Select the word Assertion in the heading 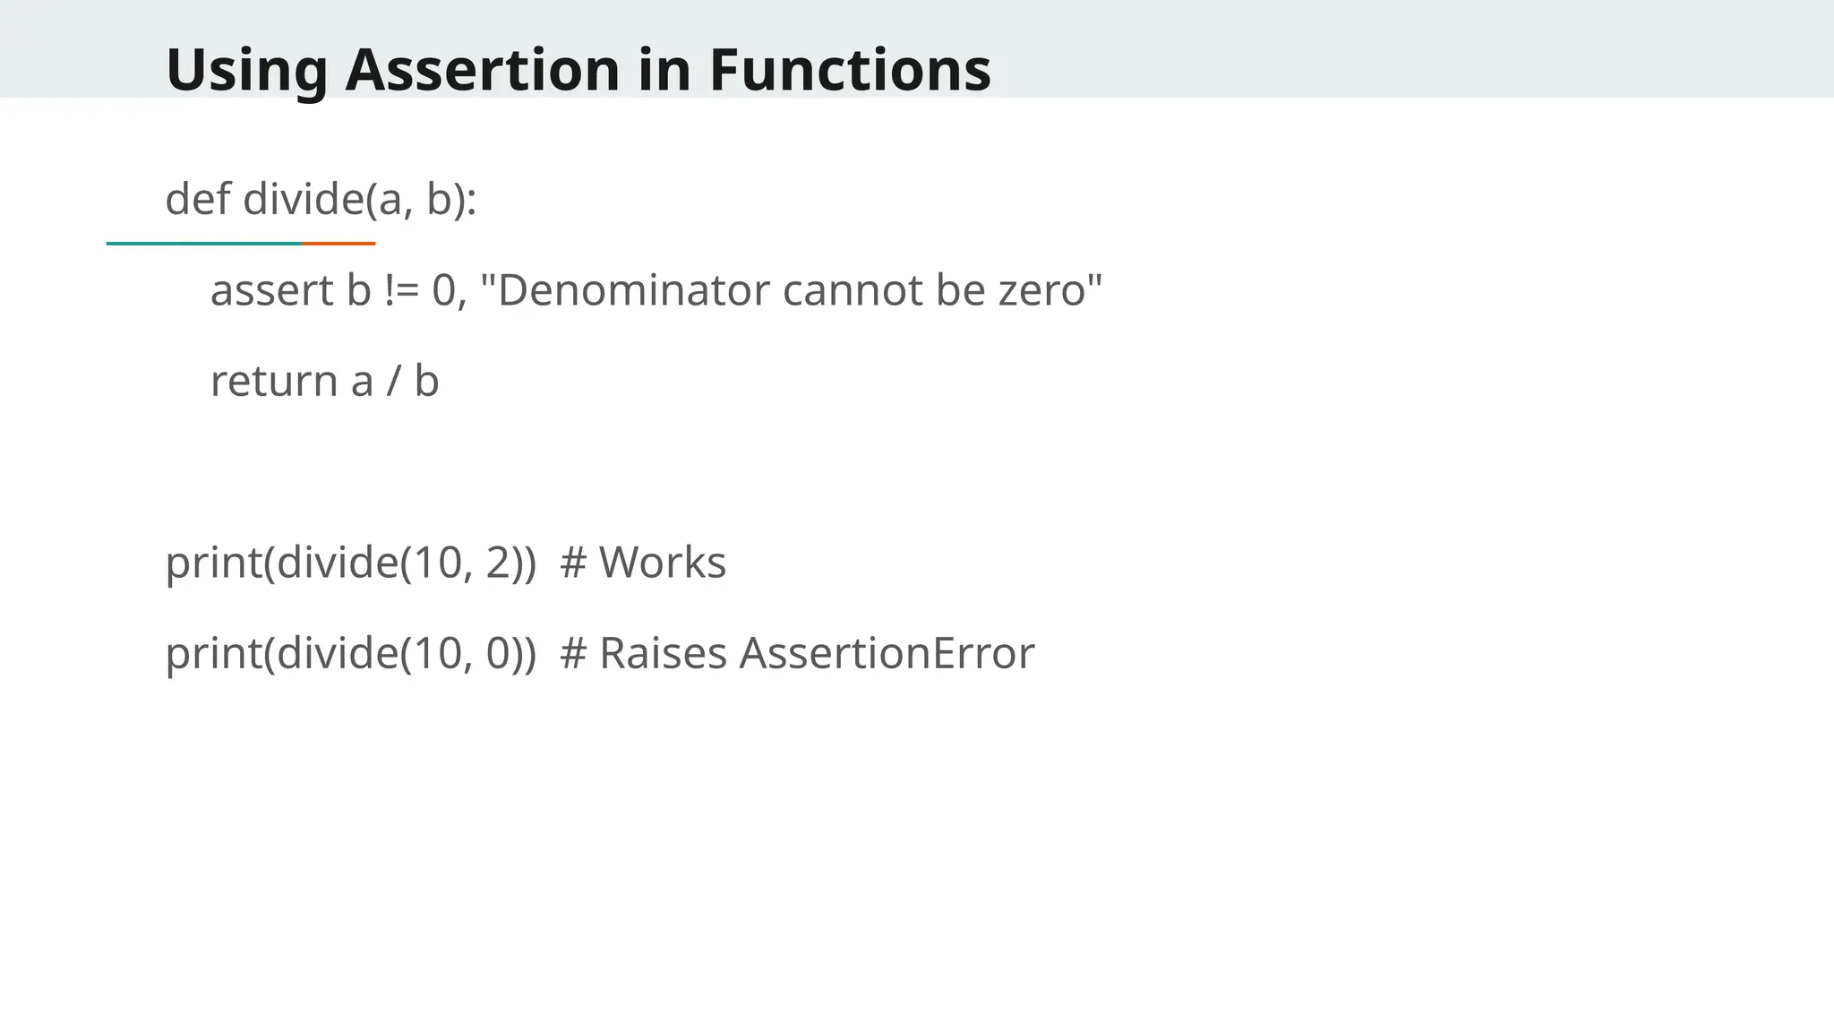click(483, 69)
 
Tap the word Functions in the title click(850, 69)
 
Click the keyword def click(198, 198)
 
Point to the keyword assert click(271, 290)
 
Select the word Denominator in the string click(632, 290)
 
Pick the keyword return click(273, 381)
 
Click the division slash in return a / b click(393, 381)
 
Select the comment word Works click(663, 563)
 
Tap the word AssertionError click(887, 653)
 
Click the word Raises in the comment click(663, 653)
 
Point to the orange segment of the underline click(339, 243)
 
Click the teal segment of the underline click(204, 243)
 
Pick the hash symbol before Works click(573, 563)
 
